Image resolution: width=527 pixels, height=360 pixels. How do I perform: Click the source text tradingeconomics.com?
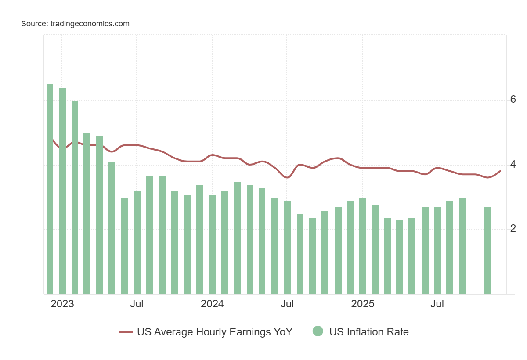coord(75,24)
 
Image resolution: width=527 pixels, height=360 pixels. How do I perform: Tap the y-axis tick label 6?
coord(513,100)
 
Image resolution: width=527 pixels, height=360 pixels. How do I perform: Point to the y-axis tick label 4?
coord(513,165)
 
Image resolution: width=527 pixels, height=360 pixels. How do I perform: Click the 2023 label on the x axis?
coord(62,304)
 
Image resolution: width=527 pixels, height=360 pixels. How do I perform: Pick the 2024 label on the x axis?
coord(212,304)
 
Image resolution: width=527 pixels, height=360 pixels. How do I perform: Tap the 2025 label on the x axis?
coord(362,304)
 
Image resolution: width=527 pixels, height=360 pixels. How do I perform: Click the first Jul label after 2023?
coord(137,304)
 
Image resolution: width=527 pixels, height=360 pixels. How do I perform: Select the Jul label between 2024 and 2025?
coord(287,304)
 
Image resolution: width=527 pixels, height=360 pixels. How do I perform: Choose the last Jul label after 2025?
coord(437,304)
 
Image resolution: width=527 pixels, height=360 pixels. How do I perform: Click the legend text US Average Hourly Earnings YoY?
coord(215,332)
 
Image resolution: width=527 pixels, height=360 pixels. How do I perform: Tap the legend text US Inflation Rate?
coord(369,332)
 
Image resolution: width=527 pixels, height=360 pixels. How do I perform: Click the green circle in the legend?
coord(318,331)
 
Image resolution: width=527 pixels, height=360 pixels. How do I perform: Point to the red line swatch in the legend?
coord(126,332)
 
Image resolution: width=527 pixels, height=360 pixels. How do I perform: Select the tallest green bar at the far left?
coord(50,189)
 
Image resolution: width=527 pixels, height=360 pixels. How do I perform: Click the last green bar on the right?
coord(487,250)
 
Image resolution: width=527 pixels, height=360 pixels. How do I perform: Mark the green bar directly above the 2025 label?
coord(363,246)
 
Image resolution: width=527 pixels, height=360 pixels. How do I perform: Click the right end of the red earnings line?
coord(500,171)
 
